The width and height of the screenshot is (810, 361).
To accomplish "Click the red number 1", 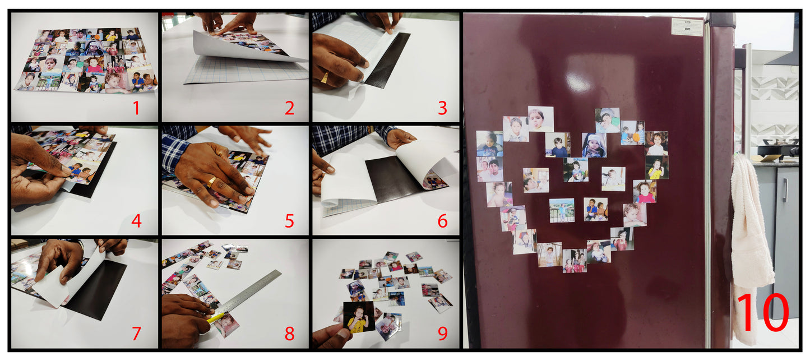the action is (x=136, y=108).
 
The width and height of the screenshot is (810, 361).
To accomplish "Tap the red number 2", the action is (x=289, y=108).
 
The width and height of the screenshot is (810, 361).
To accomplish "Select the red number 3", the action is (x=443, y=108).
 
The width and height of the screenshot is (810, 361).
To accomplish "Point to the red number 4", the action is (x=136, y=221).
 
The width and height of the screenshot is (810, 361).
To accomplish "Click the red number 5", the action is (x=289, y=221).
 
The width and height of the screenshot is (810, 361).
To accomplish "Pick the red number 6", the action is (x=443, y=221).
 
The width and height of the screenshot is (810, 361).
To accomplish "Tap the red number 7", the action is (x=136, y=334).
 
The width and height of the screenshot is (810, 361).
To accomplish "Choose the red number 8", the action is (x=289, y=334).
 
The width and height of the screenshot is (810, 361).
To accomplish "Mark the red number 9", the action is (x=443, y=334).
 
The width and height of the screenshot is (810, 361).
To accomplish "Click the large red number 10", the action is (x=762, y=312).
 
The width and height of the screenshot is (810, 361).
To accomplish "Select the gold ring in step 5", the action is (x=211, y=182).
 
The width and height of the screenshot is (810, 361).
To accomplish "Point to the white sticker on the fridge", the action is (x=687, y=27).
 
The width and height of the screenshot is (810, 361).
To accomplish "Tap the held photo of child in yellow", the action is (x=359, y=317).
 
